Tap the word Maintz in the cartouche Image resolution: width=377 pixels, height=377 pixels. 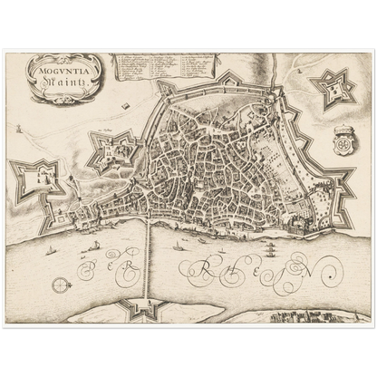(x=62, y=79)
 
